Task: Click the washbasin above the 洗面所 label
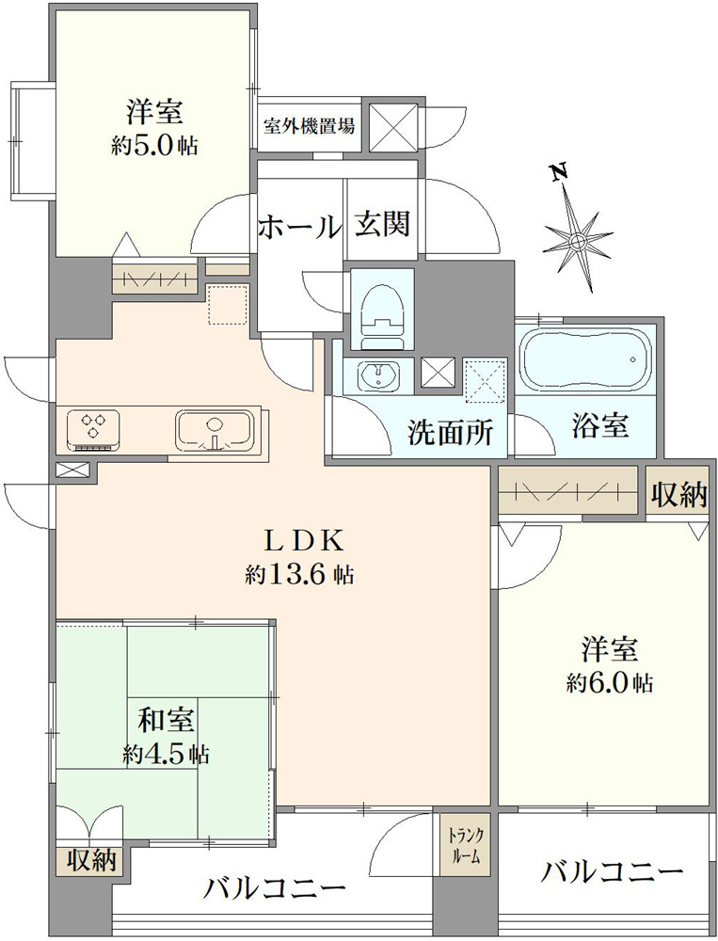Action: click(377, 376)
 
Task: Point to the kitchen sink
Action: click(213, 430)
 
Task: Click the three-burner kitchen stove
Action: click(92, 430)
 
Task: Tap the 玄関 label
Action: click(382, 224)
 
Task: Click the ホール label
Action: click(299, 227)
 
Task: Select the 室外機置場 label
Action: click(309, 126)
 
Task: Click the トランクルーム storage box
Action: click(465, 844)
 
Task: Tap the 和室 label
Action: click(167, 720)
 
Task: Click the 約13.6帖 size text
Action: click(298, 575)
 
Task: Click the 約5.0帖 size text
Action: click(154, 145)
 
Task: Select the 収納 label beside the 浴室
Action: click(679, 496)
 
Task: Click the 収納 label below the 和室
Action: click(90, 862)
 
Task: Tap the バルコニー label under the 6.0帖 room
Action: click(611, 872)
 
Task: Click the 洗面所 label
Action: click(451, 431)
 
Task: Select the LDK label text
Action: click(305, 541)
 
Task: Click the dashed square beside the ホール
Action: click(228, 304)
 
